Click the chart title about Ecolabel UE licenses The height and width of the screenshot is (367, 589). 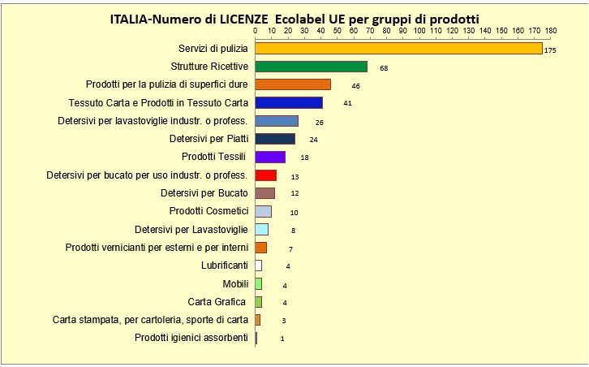point(294,18)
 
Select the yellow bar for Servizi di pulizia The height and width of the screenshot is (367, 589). point(398,49)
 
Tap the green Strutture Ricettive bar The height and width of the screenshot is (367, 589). point(311,67)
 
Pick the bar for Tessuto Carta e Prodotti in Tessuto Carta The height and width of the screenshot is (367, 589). point(289,103)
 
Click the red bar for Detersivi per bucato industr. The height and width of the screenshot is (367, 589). point(266,175)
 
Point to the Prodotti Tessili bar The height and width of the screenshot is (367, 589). point(270,157)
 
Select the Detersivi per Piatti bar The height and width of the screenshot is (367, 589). point(275,139)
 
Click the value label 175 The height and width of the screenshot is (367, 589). point(550,50)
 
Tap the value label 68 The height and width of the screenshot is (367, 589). point(384,68)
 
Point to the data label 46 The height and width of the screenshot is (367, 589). point(355,85)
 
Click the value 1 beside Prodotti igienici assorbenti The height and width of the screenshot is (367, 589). point(282,338)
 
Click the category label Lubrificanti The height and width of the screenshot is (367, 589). point(224,266)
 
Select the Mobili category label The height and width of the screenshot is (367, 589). point(235,283)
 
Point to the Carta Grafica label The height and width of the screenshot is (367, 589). point(217,301)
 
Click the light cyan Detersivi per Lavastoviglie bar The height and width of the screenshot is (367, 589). point(261,229)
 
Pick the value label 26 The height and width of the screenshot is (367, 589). point(320,122)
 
